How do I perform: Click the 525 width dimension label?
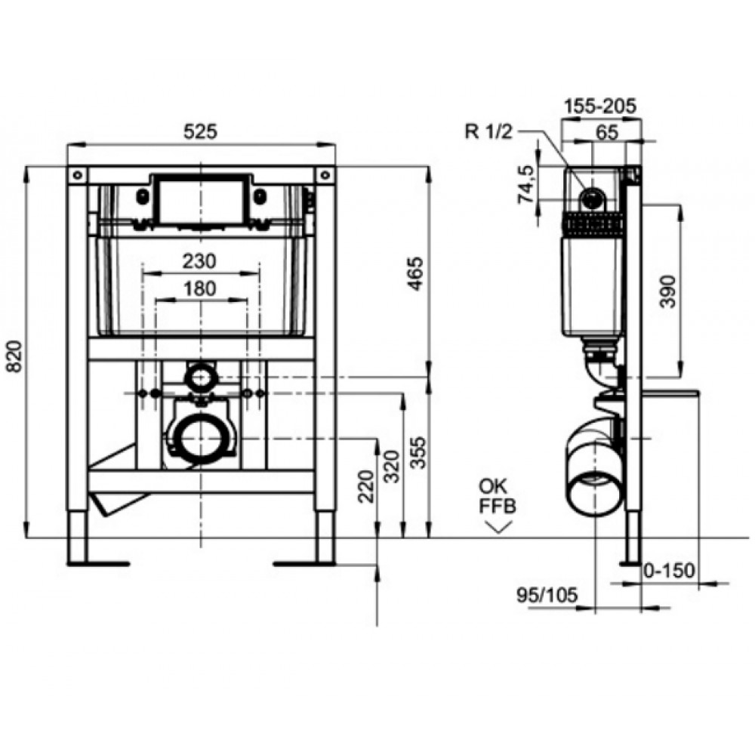click(x=201, y=131)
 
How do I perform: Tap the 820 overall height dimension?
click(x=15, y=356)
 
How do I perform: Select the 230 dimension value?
click(x=199, y=261)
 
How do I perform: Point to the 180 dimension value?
click(x=199, y=288)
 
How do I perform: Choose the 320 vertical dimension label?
click(x=393, y=467)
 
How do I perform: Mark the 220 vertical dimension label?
click(x=366, y=486)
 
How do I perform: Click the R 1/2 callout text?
click(x=488, y=131)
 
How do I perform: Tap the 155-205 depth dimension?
click(x=600, y=106)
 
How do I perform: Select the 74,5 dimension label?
click(x=526, y=184)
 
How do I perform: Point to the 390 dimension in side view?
click(x=668, y=291)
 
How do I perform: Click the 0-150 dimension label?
click(x=669, y=571)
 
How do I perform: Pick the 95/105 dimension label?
click(x=547, y=595)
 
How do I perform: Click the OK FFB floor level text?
click(x=497, y=497)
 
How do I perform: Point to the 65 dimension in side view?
click(x=607, y=132)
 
